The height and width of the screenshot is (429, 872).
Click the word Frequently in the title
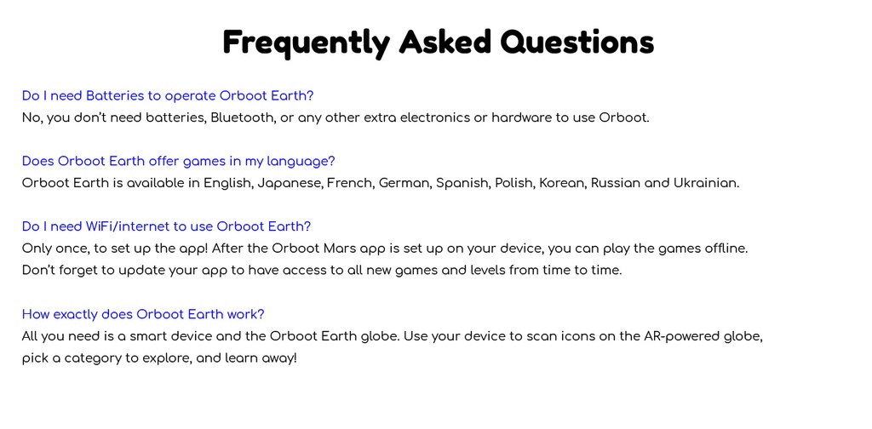306,43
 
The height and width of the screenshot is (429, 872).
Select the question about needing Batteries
168,96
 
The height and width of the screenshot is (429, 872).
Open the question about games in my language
179,161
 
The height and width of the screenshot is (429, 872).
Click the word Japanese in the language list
290,183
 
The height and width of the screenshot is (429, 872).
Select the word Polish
515,183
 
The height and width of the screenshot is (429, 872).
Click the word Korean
563,183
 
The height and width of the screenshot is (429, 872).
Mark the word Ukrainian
706,183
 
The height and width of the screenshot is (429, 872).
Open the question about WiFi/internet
166,226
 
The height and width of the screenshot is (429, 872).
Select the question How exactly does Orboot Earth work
143,315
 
